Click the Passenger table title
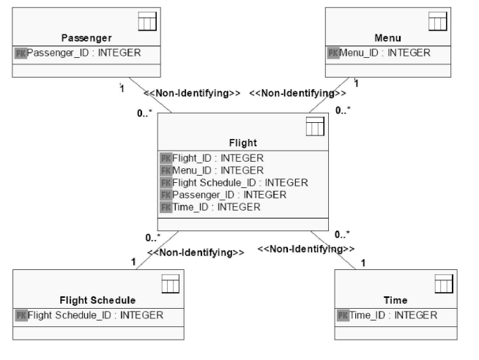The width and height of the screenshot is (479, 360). click(86, 38)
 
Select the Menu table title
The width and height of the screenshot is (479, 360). click(387, 38)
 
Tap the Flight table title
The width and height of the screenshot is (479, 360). click(243, 143)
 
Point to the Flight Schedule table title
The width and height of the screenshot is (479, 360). click(97, 300)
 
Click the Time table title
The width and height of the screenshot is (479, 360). click(396, 300)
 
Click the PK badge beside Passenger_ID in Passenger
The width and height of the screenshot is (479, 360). click(21, 53)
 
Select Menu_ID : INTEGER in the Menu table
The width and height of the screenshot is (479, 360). click(385, 53)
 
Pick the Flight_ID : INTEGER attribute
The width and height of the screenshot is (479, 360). click(218, 158)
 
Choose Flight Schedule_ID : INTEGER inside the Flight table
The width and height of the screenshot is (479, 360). click(240, 183)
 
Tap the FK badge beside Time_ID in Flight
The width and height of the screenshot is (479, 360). click(166, 208)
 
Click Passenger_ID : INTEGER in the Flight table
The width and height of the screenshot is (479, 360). click(229, 195)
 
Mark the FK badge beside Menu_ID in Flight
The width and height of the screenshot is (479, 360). click(166, 170)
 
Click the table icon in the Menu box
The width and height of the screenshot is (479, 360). click(438, 21)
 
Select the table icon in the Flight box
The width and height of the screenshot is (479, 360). click(315, 127)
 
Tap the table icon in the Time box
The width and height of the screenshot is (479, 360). click(444, 284)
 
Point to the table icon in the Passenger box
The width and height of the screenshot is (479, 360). click(147, 21)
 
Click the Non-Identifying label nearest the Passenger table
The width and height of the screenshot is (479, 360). click(192, 93)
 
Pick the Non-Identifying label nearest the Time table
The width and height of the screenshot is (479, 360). click(306, 249)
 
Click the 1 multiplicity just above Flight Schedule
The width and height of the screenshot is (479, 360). click(133, 262)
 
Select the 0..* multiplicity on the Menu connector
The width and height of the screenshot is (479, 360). click(343, 110)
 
